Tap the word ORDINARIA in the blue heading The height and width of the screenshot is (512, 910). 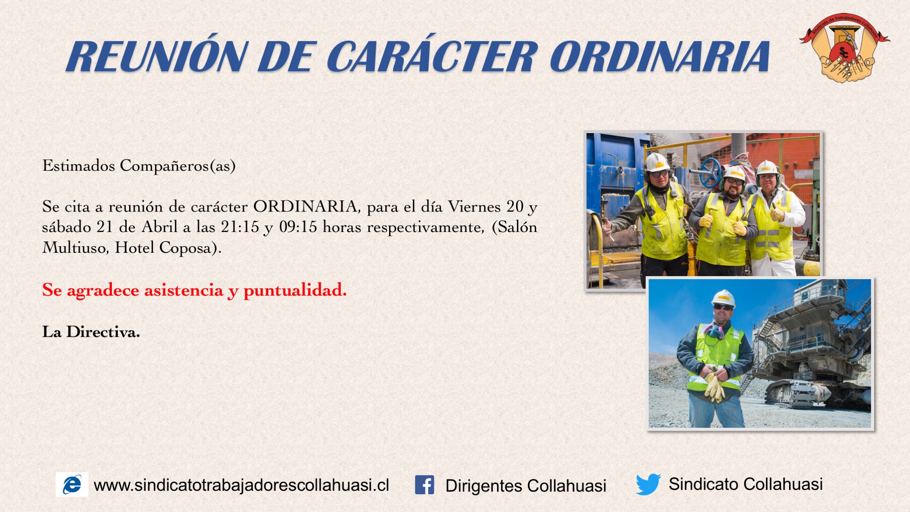pos(660,56)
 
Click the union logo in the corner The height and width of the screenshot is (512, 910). pos(844,48)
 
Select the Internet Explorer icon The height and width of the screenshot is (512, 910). pos(72,484)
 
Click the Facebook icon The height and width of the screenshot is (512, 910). pos(424,485)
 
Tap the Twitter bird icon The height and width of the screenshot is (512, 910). pos(648,484)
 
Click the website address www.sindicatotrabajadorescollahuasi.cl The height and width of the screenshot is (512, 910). pos(241,485)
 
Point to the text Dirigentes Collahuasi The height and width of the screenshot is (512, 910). pos(526,486)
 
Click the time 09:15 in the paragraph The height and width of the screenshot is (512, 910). pos(298,227)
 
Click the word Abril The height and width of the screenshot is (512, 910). pos(159,227)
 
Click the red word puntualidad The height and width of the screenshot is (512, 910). pos(295,290)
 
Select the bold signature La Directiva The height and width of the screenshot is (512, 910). pos(91,332)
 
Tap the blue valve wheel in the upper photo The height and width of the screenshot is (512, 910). pos(711,173)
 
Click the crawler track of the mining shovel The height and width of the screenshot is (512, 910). pos(797,392)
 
